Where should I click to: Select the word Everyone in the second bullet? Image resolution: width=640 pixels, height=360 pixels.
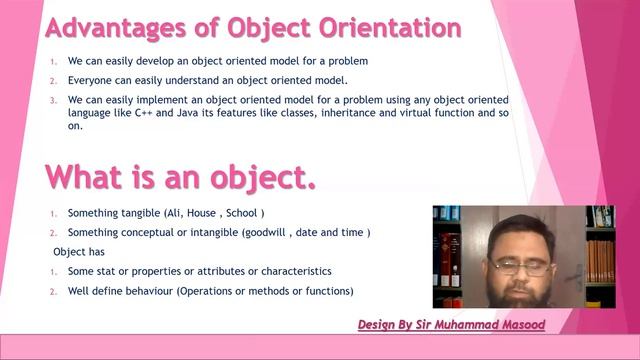pos(91,80)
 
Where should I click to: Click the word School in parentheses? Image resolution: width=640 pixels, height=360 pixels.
pos(243,213)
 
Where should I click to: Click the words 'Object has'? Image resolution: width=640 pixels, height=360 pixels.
pos(79,252)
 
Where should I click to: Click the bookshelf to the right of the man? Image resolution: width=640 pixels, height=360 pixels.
pos(599,255)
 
